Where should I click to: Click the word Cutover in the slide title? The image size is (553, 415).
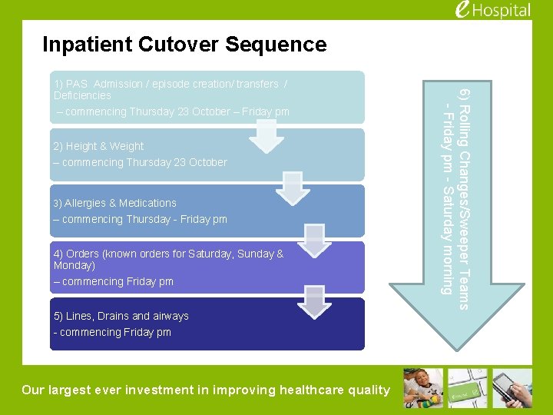[x=180, y=45]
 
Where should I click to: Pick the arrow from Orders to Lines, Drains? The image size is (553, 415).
[x=313, y=300]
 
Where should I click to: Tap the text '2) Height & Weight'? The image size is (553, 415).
[x=98, y=146]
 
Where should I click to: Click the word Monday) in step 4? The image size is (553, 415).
[x=75, y=265]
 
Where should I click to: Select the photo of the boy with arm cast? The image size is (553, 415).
[x=423, y=388]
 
